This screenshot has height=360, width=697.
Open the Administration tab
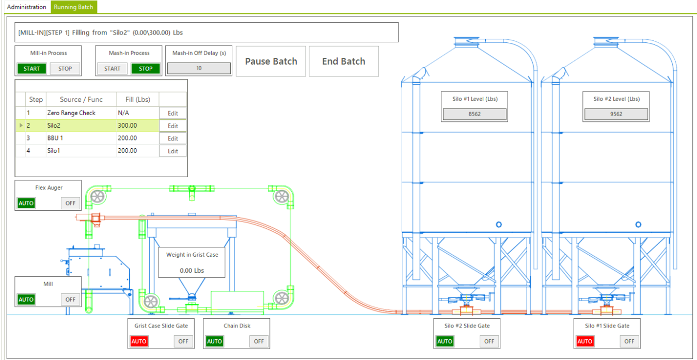click(26, 7)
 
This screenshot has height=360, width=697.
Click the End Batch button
click(343, 61)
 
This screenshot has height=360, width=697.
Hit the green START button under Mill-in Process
click(31, 69)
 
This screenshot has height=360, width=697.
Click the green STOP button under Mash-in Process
click(146, 69)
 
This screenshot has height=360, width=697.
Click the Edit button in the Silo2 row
click(172, 126)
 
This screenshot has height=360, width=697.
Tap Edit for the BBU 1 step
click(172, 138)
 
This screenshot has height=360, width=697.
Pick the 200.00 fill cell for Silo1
click(128, 151)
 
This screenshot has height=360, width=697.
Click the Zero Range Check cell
click(71, 113)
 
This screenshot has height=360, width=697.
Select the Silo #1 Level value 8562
click(474, 114)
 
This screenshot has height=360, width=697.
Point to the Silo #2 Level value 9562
click(616, 114)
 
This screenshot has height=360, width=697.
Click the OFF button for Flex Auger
click(70, 204)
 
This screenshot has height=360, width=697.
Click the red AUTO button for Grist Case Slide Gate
click(139, 341)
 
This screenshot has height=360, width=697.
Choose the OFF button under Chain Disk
click(259, 341)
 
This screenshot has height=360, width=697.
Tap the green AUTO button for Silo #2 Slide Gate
click(445, 341)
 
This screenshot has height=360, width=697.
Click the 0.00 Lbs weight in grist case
click(192, 271)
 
